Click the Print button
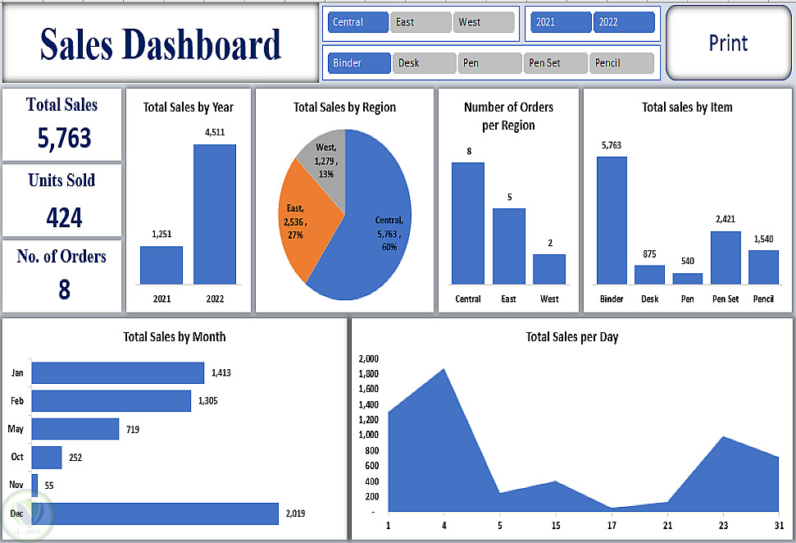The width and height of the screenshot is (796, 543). pyautogui.click(x=728, y=43)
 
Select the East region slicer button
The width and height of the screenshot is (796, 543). pyautogui.click(x=421, y=22)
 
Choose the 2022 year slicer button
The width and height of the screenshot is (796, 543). pyautogui.click(x=624, y=22)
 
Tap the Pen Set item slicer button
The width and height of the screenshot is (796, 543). pyautogui.click(x=555, y=63)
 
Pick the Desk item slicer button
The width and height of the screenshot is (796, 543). pyautogui.click(x=424, y=63)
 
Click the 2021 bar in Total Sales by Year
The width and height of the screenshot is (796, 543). pyautogui.click(x=161, y=265)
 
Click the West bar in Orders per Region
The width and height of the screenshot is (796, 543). pyautogui.click(x=549, y=269)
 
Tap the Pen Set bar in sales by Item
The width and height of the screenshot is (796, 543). pyautogui.click(x=725, y=258)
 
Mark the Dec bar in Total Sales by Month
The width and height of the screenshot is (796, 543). pyautogui.click(x=155, y=513)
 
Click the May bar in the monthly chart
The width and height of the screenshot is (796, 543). pyautogui.click(x=75, y=429)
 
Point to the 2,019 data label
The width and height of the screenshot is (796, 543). pyautogui.click(x=295, y=513)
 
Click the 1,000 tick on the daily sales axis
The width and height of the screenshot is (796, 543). pyautogui.click(x=369, y=435)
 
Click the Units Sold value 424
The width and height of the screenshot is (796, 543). pyautogui.click(x=64, y=217)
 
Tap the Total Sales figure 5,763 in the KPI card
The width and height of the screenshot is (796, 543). pyautogui.click(x=64, y=138)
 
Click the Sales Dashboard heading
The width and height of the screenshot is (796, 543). pyautogui.click(x=161, y=45)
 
